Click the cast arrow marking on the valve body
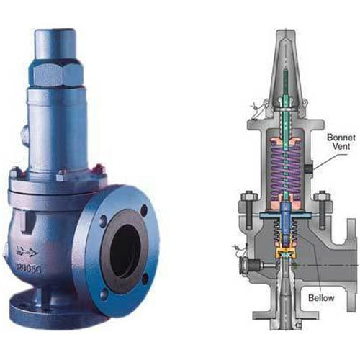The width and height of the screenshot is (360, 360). [x=28, y=251]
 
